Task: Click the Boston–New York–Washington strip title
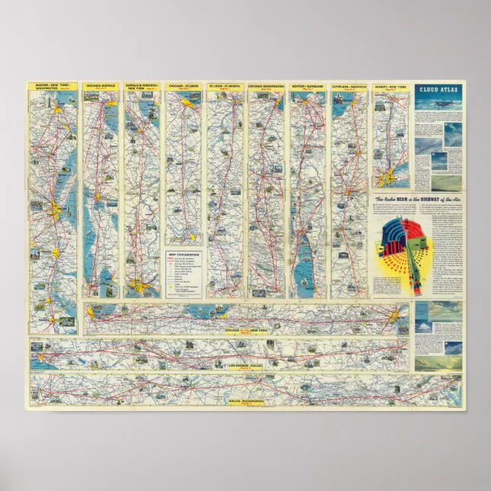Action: click(x=53, y=87)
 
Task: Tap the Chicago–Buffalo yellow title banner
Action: click(x=101, y=86)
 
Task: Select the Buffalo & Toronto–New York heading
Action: click(x=142, y=87)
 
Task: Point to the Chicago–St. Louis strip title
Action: click(x=184, y=86)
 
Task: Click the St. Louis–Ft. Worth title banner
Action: click(x=225, y=86)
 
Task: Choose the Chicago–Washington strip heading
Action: click(x=266, y=86)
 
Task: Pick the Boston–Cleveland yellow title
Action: click(x=307, y=86)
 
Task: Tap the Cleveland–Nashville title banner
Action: click(x=349, y=86)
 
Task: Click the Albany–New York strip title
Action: click(x=390, y=87)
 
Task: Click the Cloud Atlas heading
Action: click(x=438, y=89)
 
